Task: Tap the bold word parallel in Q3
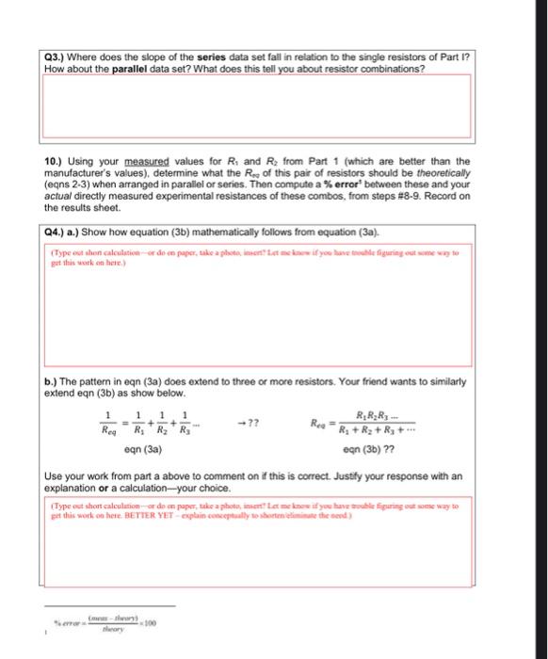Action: point(146,67)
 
